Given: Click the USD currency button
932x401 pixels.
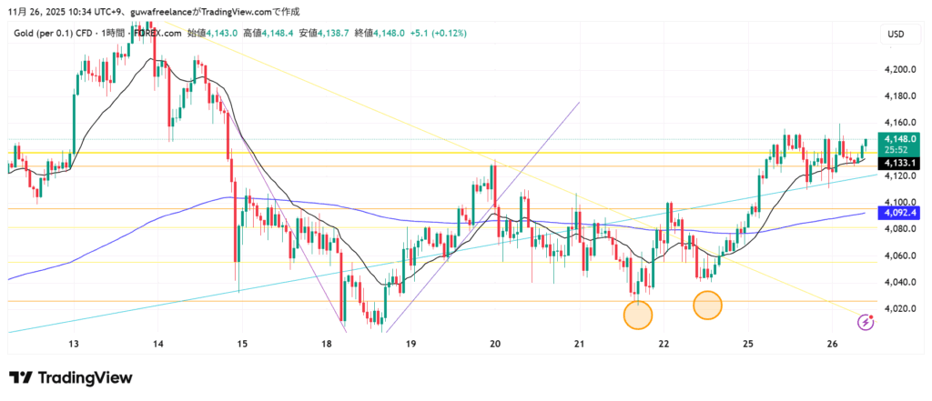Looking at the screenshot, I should pyautogui.click(x=896, y=35).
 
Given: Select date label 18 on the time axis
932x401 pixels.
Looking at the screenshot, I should pyautogui.click(x=327, y=344).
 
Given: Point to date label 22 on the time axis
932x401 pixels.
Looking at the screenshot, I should pyautogui.click(x=664, y=344).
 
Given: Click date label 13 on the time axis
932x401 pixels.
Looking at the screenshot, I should pyautogui.click(x=74, y=344).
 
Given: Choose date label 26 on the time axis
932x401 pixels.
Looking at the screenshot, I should pyautogui.click(x=832, y=344).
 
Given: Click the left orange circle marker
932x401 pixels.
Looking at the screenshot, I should pyautogui.click(x=638, y=315).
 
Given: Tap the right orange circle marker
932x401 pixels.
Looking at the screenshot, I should pyautogui.click(x=708, y=306).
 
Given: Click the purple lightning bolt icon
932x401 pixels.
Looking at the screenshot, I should pyautogui.click(x=866, y=321).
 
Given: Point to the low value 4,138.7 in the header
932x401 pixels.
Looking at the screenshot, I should pyautogui.click(x=336, y=33).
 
